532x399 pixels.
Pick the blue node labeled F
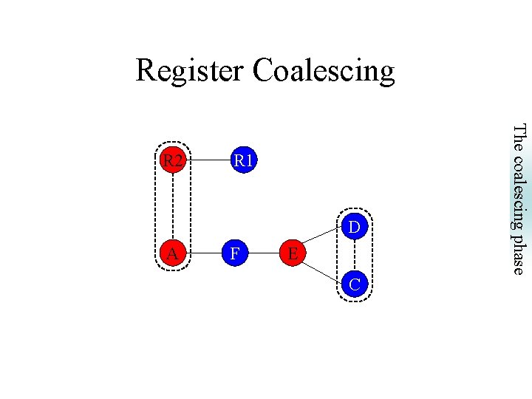click(234, 254)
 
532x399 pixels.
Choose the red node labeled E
click(293, 254)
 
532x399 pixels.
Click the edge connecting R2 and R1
click(208, 160)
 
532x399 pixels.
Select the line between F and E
click(264, 254)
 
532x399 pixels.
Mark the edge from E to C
click(324, 269)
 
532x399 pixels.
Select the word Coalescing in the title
click(324, 71)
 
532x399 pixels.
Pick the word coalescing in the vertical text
click(519, 188)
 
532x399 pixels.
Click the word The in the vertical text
click(519, 137)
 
